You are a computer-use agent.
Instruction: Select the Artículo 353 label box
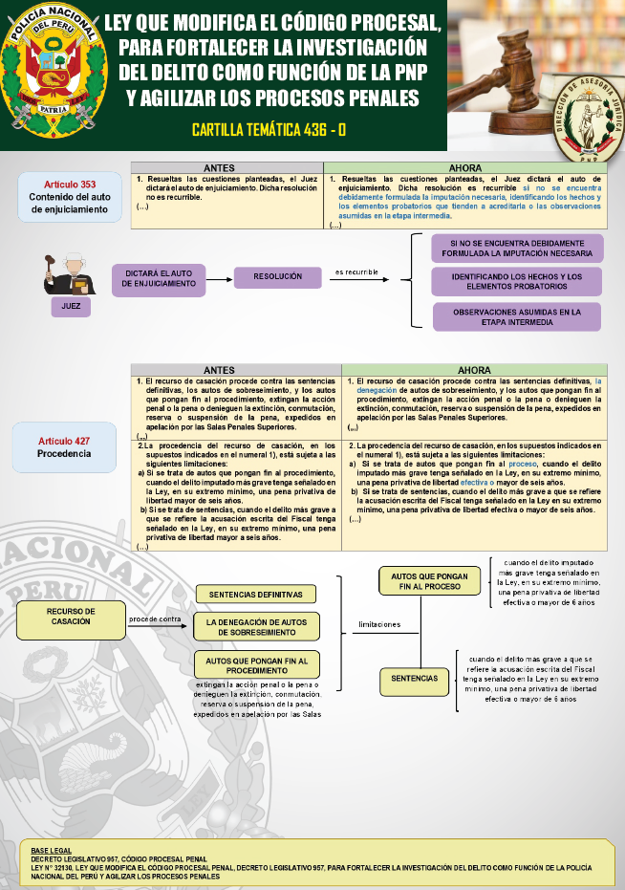pos(69,197)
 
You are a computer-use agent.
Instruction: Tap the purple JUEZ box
pos(71,307)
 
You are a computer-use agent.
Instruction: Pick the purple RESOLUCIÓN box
pos(277,276)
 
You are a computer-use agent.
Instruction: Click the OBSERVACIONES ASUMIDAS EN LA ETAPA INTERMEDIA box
pos(517,317)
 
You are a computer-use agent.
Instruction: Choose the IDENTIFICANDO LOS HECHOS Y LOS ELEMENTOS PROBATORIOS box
pos(517,282)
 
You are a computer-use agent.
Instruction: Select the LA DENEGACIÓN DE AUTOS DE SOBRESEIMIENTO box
pos(256,627)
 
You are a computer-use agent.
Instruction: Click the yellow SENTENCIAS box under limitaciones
pos(414,680)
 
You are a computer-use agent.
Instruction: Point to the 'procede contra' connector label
pos(155,619)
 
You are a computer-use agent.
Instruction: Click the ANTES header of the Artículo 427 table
pos(219,370)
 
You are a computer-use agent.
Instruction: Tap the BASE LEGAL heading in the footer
pos(51,850)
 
